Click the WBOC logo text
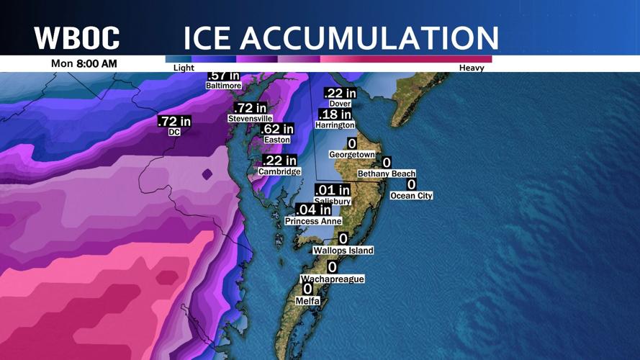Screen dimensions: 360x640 [x=77, y=37]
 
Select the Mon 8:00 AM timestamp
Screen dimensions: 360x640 [x=84, y=63]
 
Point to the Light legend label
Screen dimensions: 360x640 [x=184, y=68]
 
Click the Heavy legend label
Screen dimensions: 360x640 [x=472, y=68]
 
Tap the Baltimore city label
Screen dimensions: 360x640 [x=223, y=85]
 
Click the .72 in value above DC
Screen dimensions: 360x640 [x=175, y=122]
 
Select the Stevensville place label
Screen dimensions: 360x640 [x=250, y=118]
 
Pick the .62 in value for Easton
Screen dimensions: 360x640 [x=277, y=130]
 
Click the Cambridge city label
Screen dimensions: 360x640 [x=279, y=172]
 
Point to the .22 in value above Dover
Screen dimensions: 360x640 [x=340, y=93]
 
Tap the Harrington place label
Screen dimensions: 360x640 [x=335, y=125]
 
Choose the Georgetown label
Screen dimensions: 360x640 [x=352, y=154]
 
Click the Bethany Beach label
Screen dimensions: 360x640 [x=387, y=174]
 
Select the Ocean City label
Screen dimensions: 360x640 [x=411, y=195]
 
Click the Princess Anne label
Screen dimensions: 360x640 [x=312, y=221]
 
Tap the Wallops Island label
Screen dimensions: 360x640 [x=343, y=251]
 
